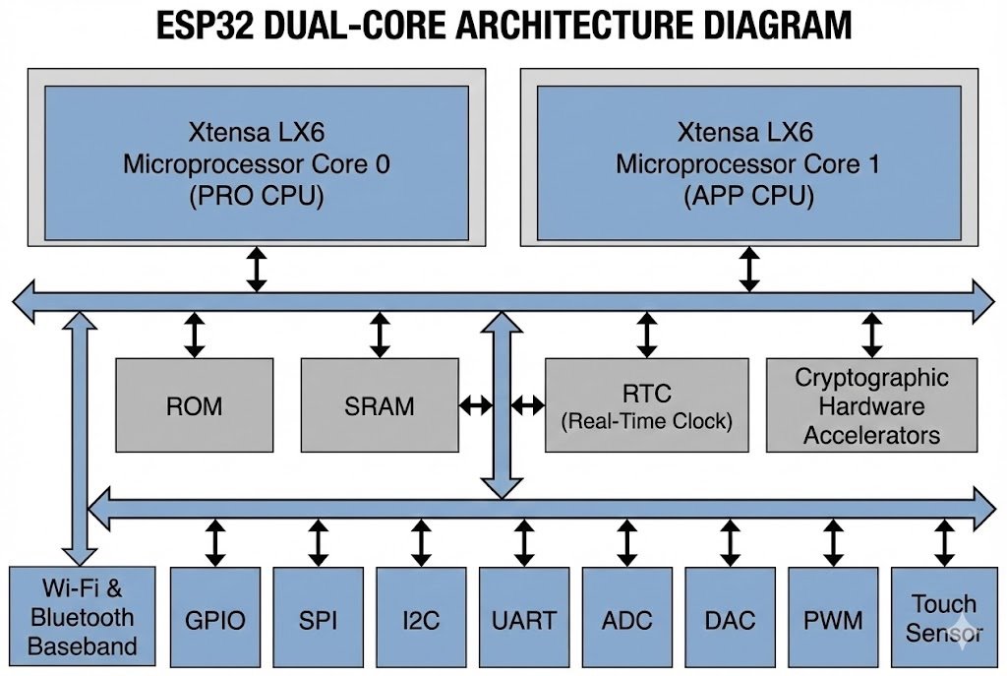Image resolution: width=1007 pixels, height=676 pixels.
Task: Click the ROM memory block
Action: coord(195,405)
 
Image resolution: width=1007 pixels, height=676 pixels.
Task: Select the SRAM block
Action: coord(379,405)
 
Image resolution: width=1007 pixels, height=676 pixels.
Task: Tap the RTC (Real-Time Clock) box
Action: coord(646,405)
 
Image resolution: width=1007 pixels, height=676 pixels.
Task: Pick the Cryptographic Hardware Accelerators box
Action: coord(871,405)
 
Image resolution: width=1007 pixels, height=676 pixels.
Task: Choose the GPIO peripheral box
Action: coord(215,620)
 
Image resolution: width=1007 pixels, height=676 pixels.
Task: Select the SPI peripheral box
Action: coord(318,620)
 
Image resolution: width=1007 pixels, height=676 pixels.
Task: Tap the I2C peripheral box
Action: coord(421,620)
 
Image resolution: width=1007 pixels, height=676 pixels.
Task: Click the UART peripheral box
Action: coord(523,620)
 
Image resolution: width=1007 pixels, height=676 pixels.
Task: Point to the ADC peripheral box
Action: coord(626,620)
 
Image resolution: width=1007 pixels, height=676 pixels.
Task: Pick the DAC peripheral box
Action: coord(730,620)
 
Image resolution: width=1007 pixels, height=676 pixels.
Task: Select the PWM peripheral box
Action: coord(833,620)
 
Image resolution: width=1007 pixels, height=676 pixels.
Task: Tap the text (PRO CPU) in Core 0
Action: coord(256,196)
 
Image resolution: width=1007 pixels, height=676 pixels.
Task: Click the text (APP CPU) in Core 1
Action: coord(748,196)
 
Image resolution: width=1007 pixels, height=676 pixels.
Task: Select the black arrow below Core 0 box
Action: coord(257,270)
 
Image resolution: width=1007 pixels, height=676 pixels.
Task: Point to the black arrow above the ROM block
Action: coord(195,335)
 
